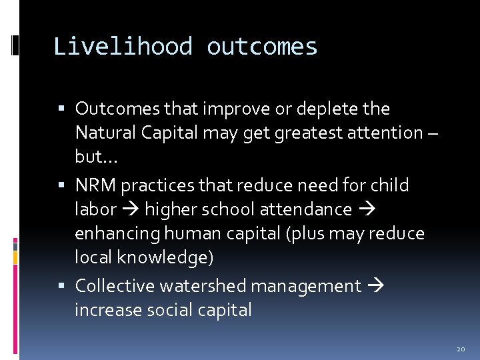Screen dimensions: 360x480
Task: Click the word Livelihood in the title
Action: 123,47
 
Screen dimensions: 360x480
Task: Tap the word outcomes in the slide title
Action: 262,47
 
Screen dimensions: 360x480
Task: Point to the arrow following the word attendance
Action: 366,210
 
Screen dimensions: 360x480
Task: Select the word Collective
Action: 113,286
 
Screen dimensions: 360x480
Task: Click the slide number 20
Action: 461,349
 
